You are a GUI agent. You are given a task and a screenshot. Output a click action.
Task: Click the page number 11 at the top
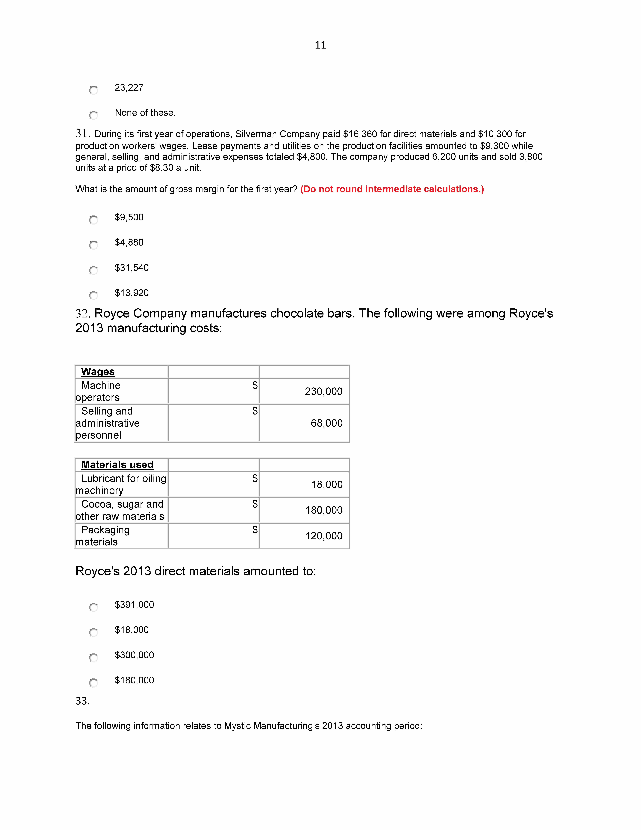click(320, 45)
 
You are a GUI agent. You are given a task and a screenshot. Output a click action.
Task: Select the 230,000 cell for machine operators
click(324, 391)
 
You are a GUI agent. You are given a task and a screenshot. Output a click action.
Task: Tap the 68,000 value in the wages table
click(327, 423)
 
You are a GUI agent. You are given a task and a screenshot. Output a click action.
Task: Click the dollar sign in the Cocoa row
click(255, 504)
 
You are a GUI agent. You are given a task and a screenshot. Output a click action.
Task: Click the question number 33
click(82, 701)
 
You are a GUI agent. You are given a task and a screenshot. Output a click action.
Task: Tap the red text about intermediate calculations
click(392, 189)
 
